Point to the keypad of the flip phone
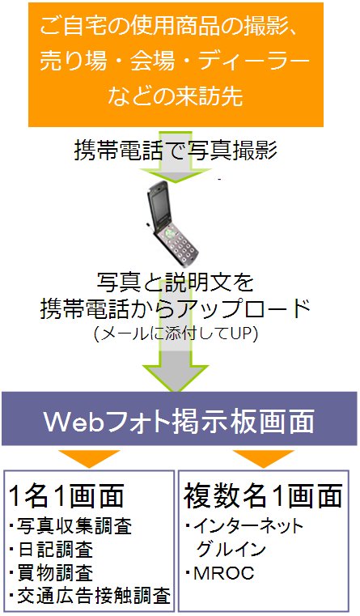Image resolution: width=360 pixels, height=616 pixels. point(179,244)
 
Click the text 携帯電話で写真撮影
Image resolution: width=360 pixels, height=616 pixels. point(175,151)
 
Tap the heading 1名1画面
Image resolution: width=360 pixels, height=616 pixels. point(66,495)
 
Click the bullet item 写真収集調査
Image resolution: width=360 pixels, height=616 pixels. point(70,526)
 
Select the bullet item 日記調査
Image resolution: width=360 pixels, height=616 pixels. point(51,550)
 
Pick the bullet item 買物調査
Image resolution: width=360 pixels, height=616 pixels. point(51,572)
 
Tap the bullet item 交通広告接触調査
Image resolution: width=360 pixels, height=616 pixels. point(91,596)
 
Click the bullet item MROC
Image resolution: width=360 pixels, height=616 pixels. point(221,574)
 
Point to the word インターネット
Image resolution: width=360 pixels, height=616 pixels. point(249,526)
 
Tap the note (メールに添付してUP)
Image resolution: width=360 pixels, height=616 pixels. point(176,334)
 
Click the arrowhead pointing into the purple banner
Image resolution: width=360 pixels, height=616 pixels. point(175,378)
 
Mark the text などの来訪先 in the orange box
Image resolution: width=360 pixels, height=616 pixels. point(176,96)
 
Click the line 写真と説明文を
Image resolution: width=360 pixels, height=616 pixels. point(175,283)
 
